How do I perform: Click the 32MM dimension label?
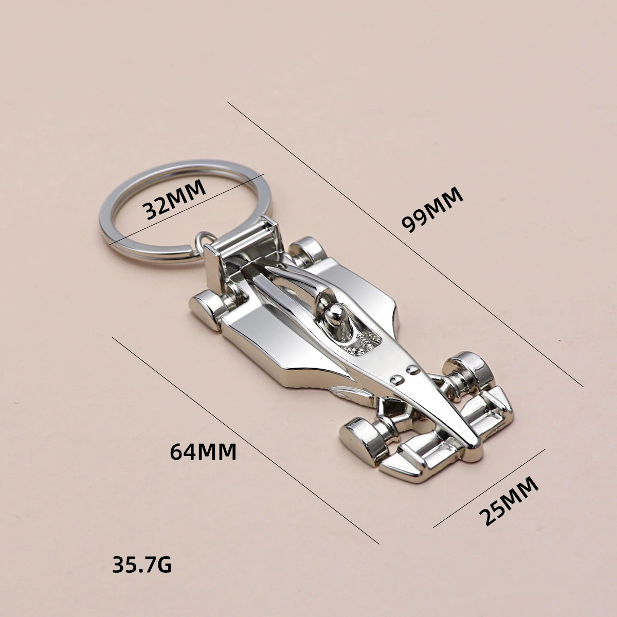(174, 200)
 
